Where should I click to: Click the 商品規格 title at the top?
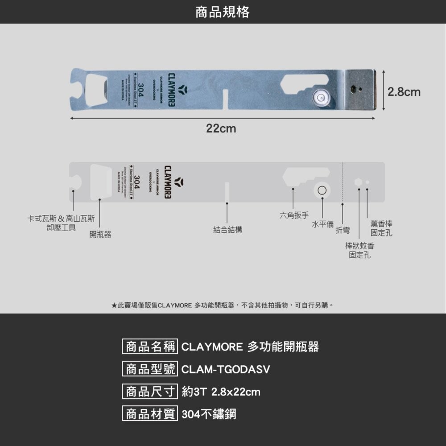pos(223,12)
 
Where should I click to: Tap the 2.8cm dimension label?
pos(404,92)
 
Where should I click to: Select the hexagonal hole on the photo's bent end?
pos(353,88)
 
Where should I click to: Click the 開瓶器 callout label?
pos(100,234)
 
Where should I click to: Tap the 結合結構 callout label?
pos(227,230)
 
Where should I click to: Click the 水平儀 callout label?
pos(322,224)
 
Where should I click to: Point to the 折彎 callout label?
pos(343,230)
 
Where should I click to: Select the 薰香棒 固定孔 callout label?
pos(381,228)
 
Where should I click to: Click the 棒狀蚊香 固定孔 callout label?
pos(359,250)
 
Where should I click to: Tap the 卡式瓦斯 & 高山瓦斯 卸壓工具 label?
pos(61,223)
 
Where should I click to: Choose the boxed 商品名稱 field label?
pos(150,347)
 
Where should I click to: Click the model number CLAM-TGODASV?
pos(226,370)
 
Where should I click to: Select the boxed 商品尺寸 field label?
pos(150,392)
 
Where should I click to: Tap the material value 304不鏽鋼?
pos(209,414)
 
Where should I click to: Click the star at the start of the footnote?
pos(114,306)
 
